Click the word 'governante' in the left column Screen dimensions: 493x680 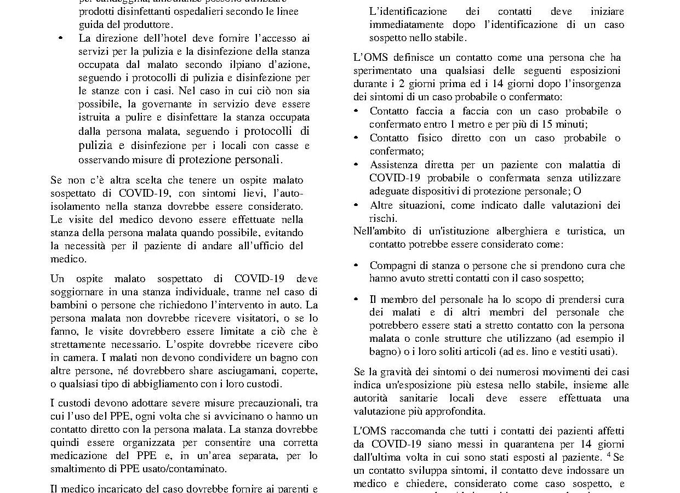click(174, 104)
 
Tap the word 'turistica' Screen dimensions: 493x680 click(583, 231)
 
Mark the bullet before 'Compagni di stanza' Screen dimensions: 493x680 click(356, 266)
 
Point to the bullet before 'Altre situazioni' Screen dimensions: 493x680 click(356, 205)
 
